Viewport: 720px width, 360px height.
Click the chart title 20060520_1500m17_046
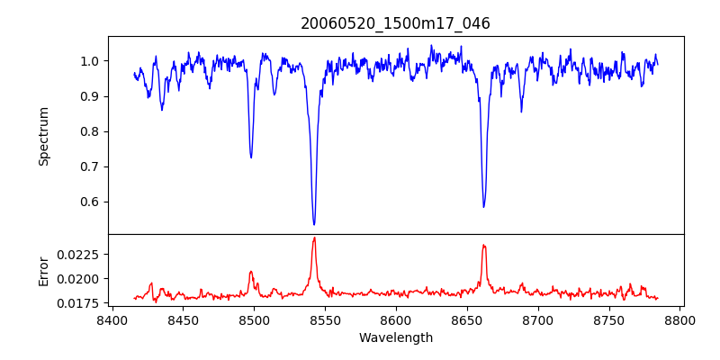pos(395,23)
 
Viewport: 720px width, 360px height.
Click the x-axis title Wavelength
pos(395,338)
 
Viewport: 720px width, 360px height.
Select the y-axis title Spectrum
pos(44,136)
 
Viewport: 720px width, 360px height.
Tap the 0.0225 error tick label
pos(83,255)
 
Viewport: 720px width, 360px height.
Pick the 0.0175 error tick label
pos(83,303)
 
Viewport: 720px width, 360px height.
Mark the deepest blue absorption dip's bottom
pos(314,224)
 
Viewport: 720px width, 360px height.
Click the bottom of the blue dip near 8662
pos(483,207)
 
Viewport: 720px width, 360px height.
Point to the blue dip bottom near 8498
pos(251,157)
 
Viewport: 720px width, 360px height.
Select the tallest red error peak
pos(314,238)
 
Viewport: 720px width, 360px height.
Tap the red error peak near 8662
pos(483,245)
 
